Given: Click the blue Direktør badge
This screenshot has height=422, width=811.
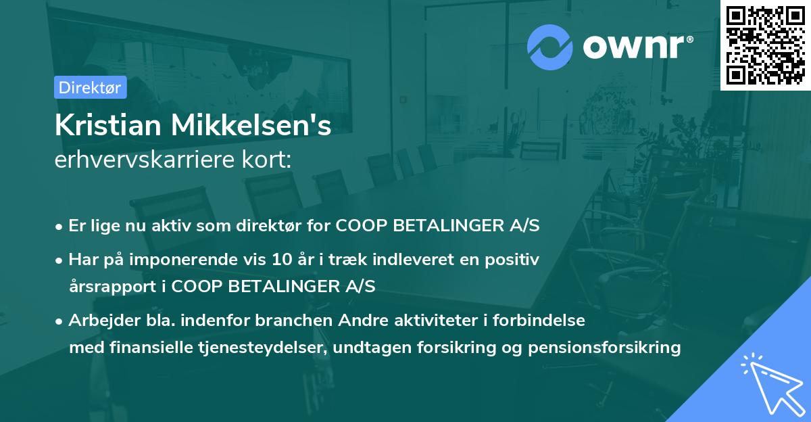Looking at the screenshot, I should [90, 87].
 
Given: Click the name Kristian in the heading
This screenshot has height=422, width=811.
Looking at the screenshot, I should [107, 126].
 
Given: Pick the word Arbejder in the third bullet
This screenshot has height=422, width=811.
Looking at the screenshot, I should [97, 321].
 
